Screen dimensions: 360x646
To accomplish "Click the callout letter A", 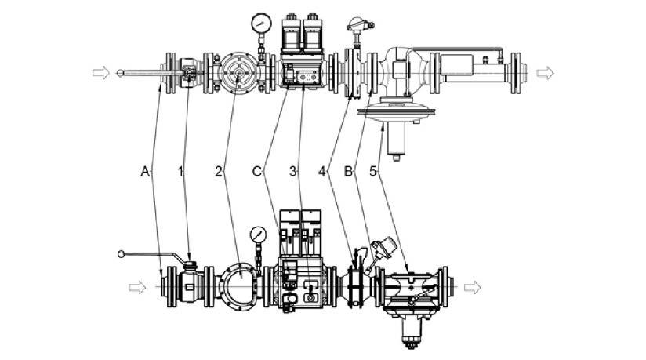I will pos(143,169).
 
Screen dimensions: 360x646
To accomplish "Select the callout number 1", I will pos(182,169).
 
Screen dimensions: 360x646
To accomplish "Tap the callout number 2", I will pos(220,169).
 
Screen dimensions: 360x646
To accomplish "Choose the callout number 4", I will pos(321,169).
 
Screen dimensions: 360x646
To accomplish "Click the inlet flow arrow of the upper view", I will pos(101,73).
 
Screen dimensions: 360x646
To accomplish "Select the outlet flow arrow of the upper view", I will pos(545,73).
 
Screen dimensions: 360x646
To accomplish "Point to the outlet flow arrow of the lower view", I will pos(474,286).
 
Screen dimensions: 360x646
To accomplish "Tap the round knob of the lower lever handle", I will pos(121,253).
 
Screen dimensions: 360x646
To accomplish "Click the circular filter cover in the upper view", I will pos(236,73).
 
